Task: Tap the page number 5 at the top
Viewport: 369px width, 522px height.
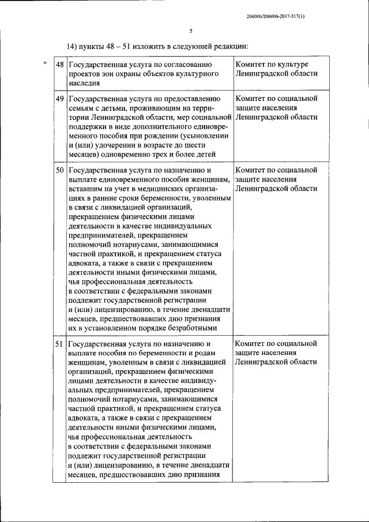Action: click(190, 32)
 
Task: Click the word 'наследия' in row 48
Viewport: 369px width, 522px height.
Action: click(85, 84)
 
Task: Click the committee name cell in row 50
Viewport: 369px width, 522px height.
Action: click(276, 179)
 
